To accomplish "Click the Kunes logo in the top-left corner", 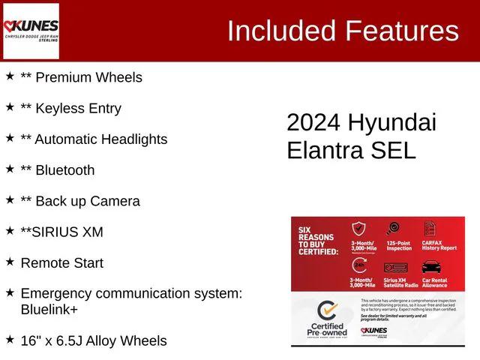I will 31,31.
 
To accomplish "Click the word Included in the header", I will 281,31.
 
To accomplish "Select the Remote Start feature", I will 62,263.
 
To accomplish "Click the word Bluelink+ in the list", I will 49,309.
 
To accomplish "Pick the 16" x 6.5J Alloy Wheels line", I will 94,340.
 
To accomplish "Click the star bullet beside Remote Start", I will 10,262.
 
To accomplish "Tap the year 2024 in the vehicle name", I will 313,123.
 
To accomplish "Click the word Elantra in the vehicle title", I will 326,150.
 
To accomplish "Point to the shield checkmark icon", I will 360,229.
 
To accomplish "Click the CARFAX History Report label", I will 439,245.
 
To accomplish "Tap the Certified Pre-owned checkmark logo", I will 326,311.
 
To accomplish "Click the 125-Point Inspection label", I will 399,245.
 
